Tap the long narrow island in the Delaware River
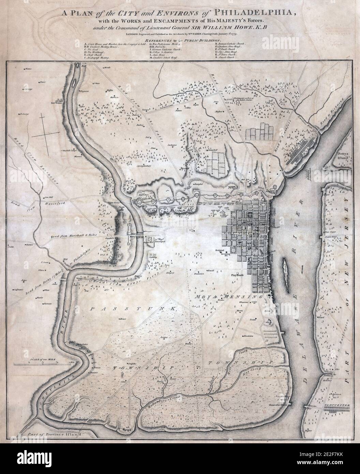point(286,269)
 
